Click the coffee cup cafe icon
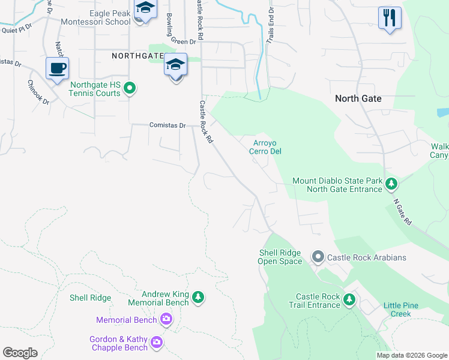[x=57, y=69]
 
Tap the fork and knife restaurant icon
[x=390, y=18]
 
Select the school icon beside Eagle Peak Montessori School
[x=144, y=11]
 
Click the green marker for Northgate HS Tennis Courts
[x=129, y=89]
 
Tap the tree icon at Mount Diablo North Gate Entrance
[x=391, y=182]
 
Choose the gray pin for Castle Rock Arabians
[x=318, y=257]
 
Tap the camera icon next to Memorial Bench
[x=166, y=320]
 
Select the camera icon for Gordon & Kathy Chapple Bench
[x=157, y=343]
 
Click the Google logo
[x=20, y=353]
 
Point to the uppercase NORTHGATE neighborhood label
[x=137, y=56]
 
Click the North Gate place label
[x=358, y=98]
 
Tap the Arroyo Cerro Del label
[x=265, y=147]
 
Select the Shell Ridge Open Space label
[x=280, y=257]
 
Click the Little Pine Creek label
[x=402, y=310]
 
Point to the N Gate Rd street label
[x=402, y=212]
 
